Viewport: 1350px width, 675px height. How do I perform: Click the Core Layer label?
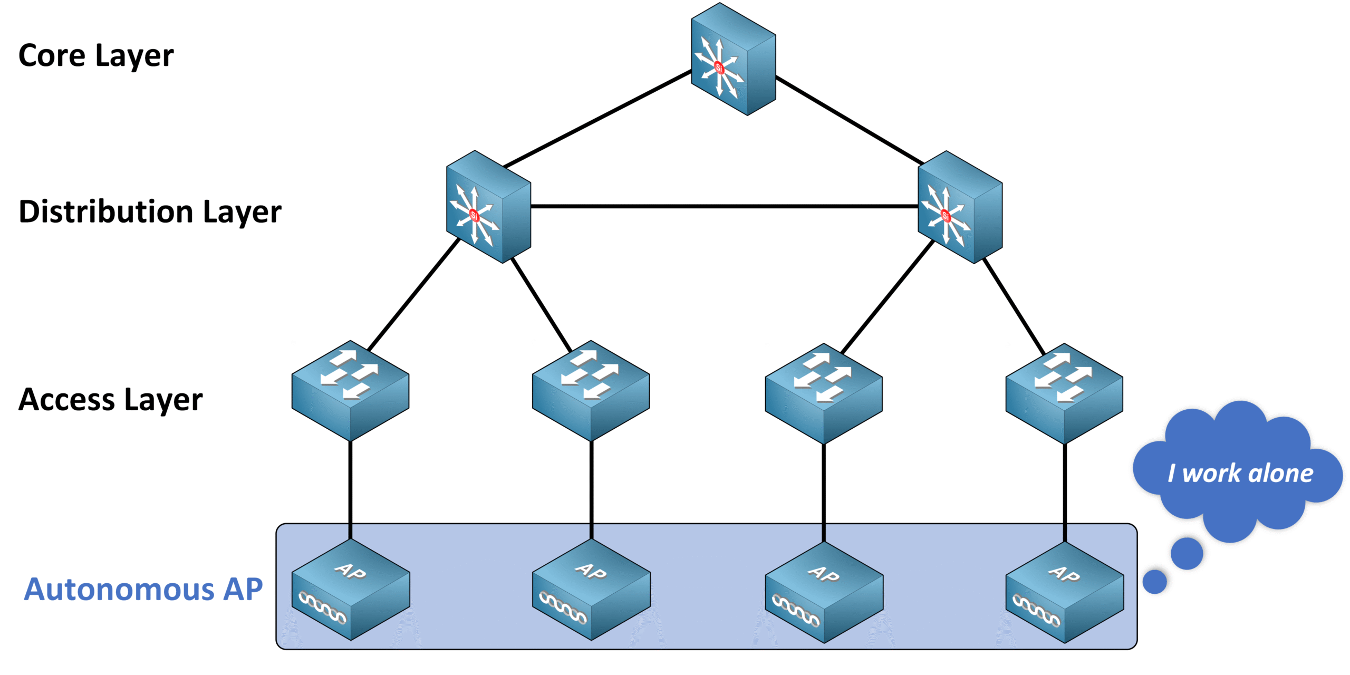[96, 56]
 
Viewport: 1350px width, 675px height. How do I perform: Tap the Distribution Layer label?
[150, 212]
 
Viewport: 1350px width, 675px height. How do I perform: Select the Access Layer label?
[111, 399]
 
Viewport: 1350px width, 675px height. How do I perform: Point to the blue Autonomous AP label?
[143, 589]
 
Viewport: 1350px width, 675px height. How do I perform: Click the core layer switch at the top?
[733, 59]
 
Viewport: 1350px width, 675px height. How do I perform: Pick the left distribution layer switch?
[488, 207]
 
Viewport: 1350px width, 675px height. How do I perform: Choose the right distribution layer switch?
[960, 207]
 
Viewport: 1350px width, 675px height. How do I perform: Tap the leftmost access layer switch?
[350, 390]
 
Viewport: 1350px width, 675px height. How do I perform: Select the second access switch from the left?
[591, 390]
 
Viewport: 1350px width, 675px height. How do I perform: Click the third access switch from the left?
[823, 393]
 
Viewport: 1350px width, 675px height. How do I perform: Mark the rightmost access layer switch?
[1064, 393]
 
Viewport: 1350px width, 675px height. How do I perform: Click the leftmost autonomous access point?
[350, 590]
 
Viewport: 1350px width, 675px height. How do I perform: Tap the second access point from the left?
[591, 590]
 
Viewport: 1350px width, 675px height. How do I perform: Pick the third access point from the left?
[824, 592]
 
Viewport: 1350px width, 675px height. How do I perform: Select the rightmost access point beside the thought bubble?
[1064, 592]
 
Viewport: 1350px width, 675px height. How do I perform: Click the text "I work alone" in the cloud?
[1240, 473]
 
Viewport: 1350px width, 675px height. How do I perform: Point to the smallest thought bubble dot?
[1154, 582]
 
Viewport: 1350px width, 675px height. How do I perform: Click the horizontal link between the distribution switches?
[724, 206]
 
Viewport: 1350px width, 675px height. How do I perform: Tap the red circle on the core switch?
[719, 67]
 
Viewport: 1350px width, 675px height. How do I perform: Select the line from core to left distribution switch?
[597, 119]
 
